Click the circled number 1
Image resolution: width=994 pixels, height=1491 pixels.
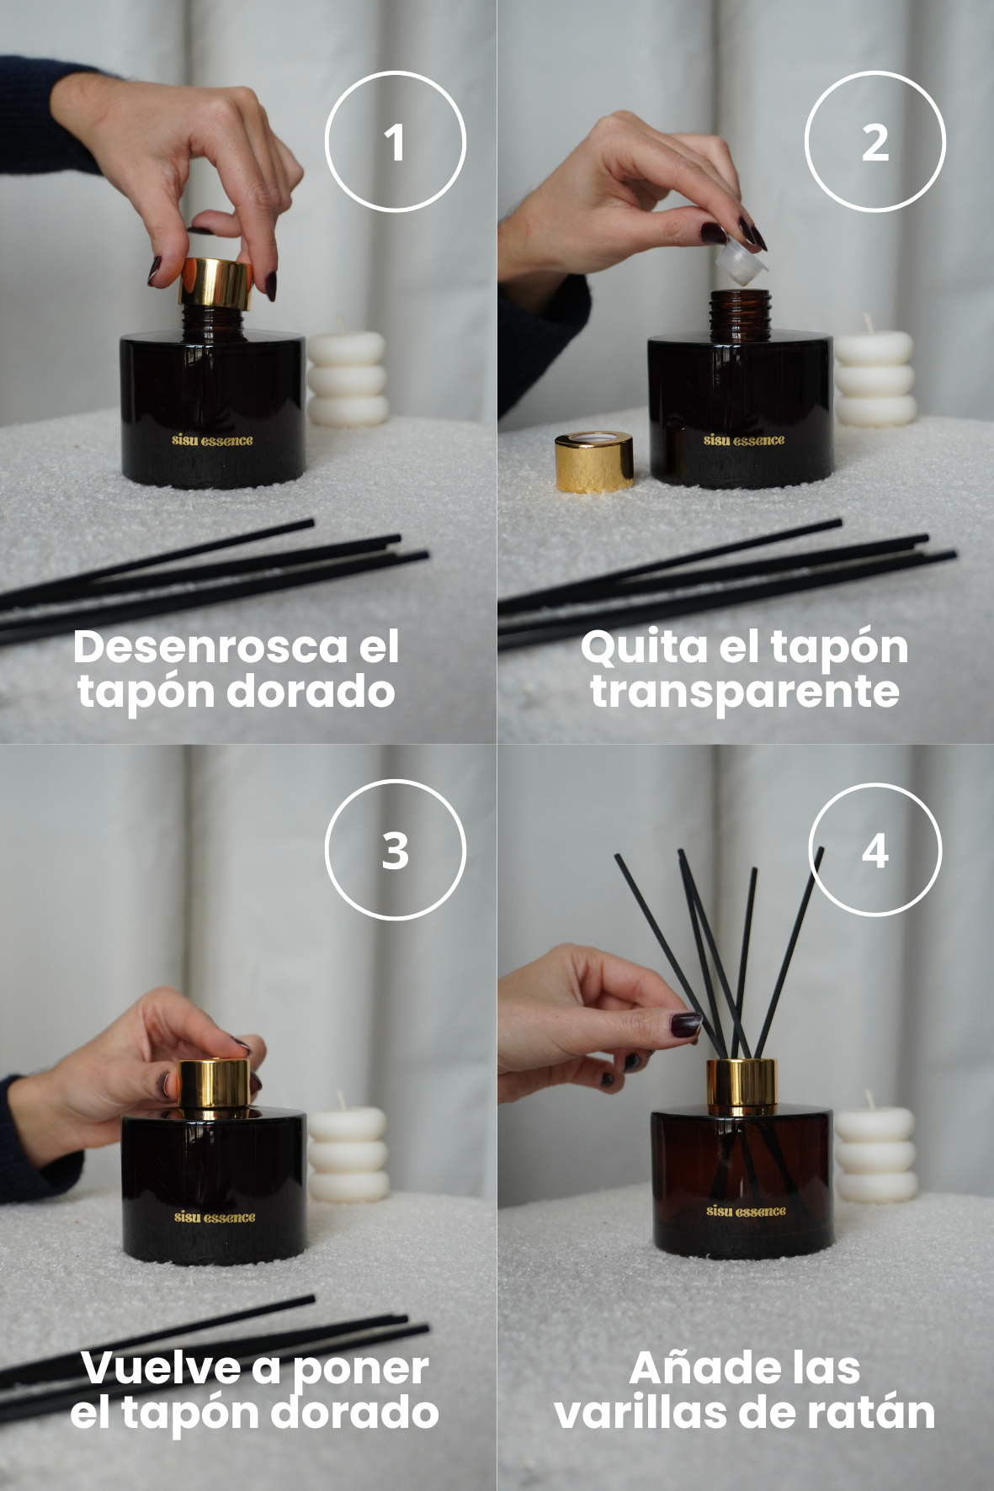[x=395, y=141]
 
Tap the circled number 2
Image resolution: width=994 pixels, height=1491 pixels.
[x=875, y=141]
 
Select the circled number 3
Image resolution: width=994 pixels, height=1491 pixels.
[x=395, y=850]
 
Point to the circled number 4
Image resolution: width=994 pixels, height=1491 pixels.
[x=875, y=850]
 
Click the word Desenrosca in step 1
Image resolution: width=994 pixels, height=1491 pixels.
[x=211, y=646]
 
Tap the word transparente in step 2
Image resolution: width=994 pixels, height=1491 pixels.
[x=745, y=692]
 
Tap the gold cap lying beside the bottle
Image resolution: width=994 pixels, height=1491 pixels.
[x=594, y=461]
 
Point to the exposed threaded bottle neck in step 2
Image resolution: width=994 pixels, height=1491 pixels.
[x=738, y=316]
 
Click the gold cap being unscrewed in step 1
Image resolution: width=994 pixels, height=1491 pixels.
[x=215, y=283]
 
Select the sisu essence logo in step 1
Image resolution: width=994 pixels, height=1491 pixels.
[x=212, y=440]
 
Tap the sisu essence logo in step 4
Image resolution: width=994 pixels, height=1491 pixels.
[x=746, y=1211]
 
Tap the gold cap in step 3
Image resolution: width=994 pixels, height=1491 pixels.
[x=215, y=1085]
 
